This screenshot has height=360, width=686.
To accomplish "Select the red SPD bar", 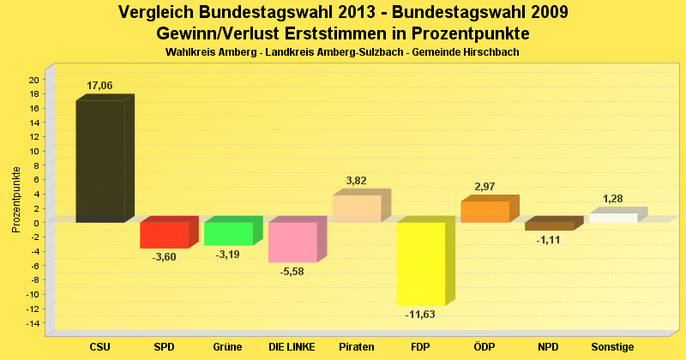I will tap(164, 235).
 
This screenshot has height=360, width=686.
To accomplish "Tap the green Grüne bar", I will tap(228, 233).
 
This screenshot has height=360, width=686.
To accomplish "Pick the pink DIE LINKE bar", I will tap(292, 242).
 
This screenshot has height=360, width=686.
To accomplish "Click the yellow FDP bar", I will tap(420, 264).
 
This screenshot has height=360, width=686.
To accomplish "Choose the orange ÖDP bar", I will tap(484, 212).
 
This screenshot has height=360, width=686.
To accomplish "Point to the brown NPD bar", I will tap(549, 226).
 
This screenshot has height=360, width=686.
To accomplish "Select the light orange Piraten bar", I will tap(356, 208).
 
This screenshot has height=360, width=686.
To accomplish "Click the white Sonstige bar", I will tap(613, 218).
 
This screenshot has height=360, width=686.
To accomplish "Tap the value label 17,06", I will tap(99, 86).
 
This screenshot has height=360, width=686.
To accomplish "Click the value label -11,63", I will tap(421, 315).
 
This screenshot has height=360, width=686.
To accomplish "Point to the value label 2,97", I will tap(485, 187).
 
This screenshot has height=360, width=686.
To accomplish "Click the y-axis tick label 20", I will tap(33, 80).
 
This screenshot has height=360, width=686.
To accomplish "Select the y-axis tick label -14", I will tap(32, 323).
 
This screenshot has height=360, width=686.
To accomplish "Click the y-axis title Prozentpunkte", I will tap(16, 200).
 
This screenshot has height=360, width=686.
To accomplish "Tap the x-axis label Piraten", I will tap(357, 347).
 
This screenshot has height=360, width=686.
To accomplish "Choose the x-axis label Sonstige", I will tap(613, 347).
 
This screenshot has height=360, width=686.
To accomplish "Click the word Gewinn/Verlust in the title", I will tap(215, 33).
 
